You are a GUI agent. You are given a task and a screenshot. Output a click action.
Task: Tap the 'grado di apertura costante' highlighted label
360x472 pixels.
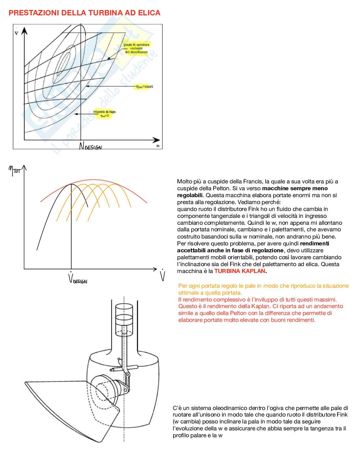(x=136, y=48)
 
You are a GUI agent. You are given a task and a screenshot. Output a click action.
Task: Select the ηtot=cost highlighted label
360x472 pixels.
(x=144, y=87)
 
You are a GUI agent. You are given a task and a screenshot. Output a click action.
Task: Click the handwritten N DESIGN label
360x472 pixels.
(x=90, y=146)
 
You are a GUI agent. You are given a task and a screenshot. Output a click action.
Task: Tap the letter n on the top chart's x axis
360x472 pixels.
(x=158, y=146)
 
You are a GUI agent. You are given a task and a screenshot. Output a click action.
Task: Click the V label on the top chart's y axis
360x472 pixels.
(x=16, y=32)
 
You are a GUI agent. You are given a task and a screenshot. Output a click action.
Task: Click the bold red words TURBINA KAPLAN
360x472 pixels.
(x=240, y=271)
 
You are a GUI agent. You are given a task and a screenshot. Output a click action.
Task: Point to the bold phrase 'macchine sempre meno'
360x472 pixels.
(x=295, y=188)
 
